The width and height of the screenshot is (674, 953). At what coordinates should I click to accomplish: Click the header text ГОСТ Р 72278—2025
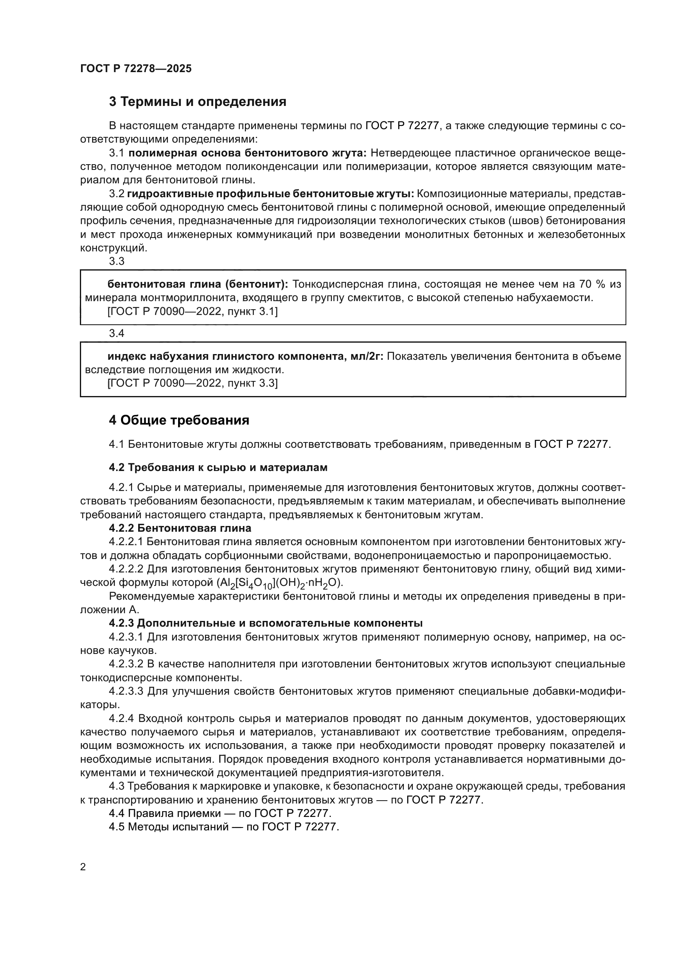(x=136, y=69)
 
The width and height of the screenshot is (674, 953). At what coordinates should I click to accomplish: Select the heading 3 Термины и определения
(x=198, y=102)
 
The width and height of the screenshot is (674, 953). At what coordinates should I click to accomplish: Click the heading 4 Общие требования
(x=179, y=420)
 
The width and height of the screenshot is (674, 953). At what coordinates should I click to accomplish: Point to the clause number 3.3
(x=117, y=261)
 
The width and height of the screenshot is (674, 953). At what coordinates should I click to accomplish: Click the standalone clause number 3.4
(x=117, y=333)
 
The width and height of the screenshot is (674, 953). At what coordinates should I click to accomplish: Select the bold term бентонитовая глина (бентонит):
(x=198, y=284)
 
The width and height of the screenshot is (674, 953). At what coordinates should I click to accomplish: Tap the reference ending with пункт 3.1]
(x=192, y=311)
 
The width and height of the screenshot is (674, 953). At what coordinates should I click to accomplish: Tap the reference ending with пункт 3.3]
(x=192, y=383)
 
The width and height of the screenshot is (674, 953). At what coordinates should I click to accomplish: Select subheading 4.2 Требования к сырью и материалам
(x=218, y=467)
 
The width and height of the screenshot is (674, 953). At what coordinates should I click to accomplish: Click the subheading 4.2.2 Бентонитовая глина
(x=180, y=528)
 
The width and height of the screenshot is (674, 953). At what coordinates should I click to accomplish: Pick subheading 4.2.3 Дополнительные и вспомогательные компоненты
(x=266, y=623)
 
